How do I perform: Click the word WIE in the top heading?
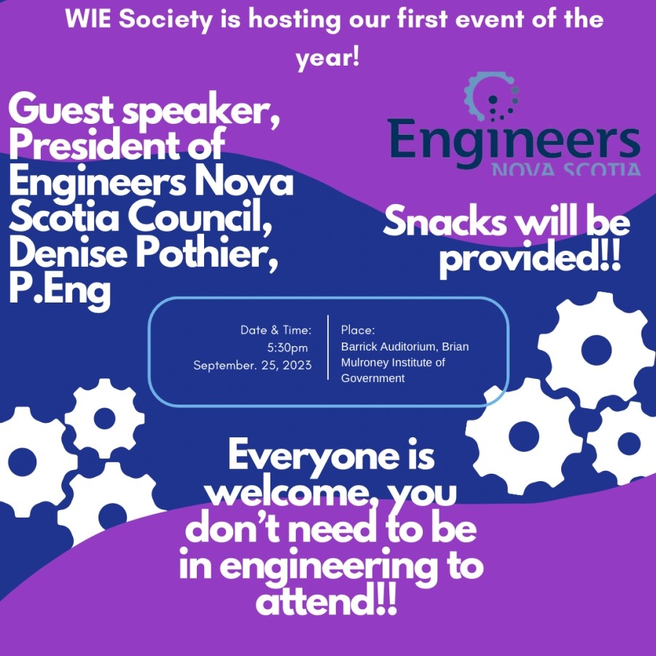pos(90,20)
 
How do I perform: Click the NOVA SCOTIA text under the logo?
pos(566,170)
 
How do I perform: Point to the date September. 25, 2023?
pos(252,365)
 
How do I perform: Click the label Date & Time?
pos(276,330)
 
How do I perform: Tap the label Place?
pos(358,330)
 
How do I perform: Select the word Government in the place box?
pos(372,378)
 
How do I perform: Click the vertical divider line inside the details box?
pos(328,348)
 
